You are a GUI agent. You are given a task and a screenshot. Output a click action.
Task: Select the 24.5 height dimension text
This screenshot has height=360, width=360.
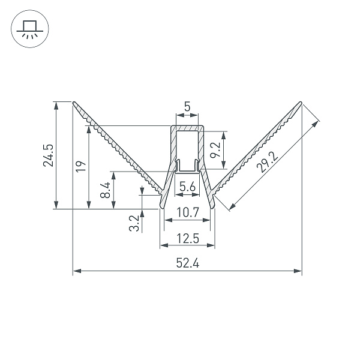tap(48, 155)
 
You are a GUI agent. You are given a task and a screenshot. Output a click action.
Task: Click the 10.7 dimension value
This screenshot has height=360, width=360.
tap(187, 212)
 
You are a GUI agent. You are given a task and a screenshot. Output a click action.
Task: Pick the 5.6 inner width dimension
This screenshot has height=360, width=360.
tap(187, 187)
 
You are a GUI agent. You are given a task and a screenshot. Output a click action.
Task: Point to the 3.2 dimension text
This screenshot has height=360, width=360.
tap(134, 223)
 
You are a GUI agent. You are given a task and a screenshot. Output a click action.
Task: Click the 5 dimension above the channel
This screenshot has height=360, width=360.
tap(187, 107)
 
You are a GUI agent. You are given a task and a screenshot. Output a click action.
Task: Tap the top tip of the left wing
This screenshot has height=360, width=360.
tap(74, 102)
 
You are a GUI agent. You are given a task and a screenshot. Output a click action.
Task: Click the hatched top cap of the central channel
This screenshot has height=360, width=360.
tap(187, 128)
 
